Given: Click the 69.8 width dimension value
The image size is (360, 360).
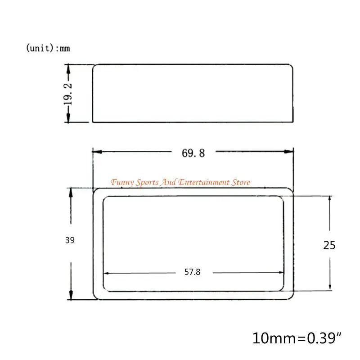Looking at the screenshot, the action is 193,153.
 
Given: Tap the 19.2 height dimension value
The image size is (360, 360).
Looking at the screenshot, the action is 68,94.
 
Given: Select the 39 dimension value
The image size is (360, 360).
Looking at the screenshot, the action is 70,240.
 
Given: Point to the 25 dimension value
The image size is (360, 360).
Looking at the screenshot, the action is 329,245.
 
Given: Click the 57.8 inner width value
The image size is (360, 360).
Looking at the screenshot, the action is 193,272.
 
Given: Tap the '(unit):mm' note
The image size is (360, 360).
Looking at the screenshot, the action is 48,48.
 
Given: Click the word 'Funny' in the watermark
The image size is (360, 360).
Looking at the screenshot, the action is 122,182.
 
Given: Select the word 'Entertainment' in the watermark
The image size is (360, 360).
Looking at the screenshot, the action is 204,182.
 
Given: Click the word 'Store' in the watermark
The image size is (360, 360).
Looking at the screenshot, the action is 241,182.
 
